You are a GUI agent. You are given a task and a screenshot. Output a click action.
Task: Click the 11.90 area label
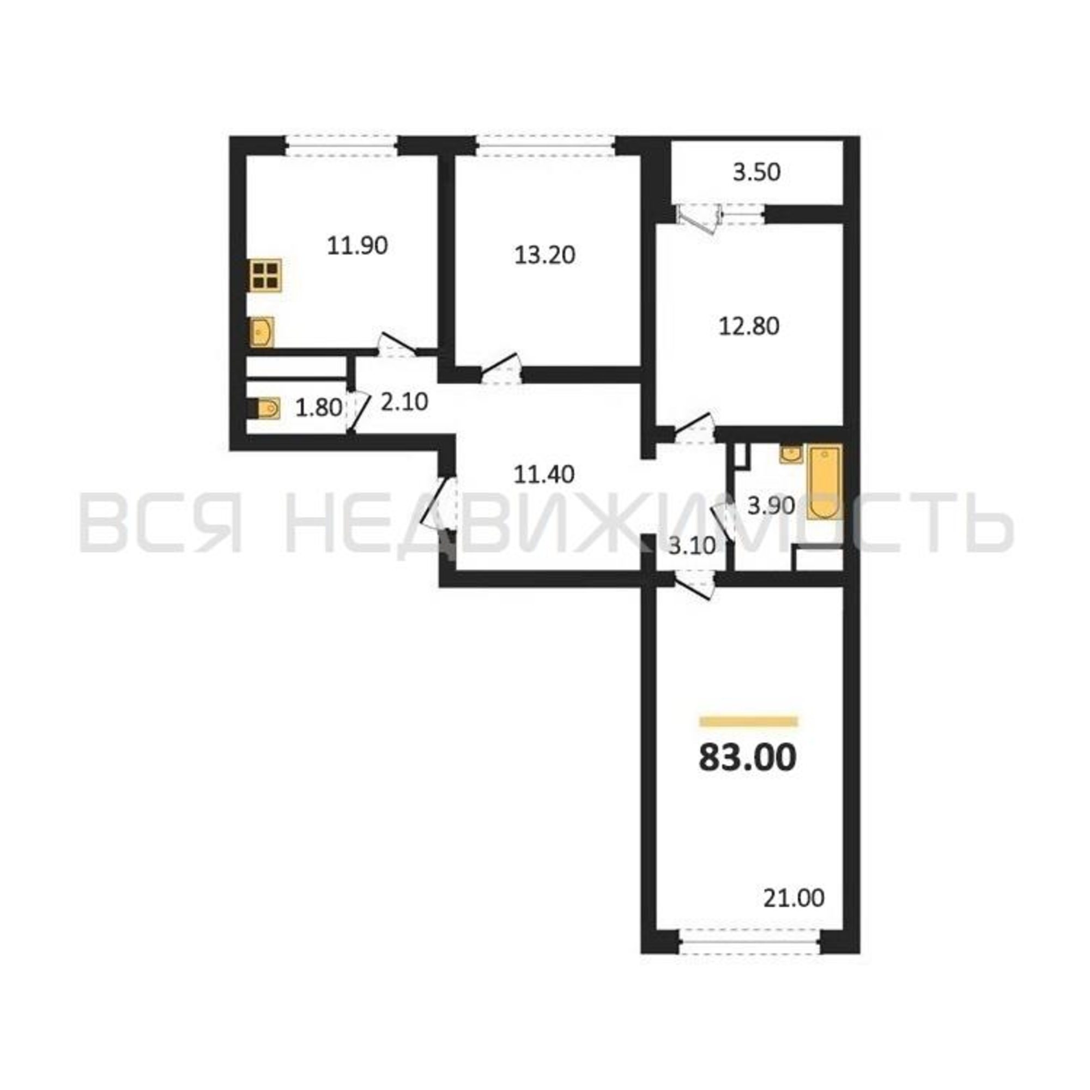[x=358, y=246]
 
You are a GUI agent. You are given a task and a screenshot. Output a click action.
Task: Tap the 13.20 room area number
[x=544, y=256]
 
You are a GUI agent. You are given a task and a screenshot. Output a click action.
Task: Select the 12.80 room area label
[x=749, y=326]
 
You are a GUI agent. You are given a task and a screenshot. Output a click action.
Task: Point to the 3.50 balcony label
[x=756, y=173]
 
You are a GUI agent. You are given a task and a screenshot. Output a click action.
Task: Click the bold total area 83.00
[x=748, y=758]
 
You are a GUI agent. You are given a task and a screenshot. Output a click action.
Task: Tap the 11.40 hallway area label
[x=544, y=475]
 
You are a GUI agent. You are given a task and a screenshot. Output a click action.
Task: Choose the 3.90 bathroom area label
[x=771, y=506]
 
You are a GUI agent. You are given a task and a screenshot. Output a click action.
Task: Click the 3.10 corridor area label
[x=692, y=546]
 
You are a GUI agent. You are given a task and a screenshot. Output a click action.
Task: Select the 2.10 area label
[x=404, y=402]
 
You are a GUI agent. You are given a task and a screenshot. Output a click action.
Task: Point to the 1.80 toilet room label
[x=319, y=407]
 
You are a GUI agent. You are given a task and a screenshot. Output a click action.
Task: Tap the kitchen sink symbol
[x=262, y=331]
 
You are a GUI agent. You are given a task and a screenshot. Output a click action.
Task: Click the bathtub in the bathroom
[x=825, y=482]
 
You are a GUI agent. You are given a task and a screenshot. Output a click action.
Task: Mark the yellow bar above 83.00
[x=748, y=721]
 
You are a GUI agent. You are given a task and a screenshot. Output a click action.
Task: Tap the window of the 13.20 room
[x=545, y=146]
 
